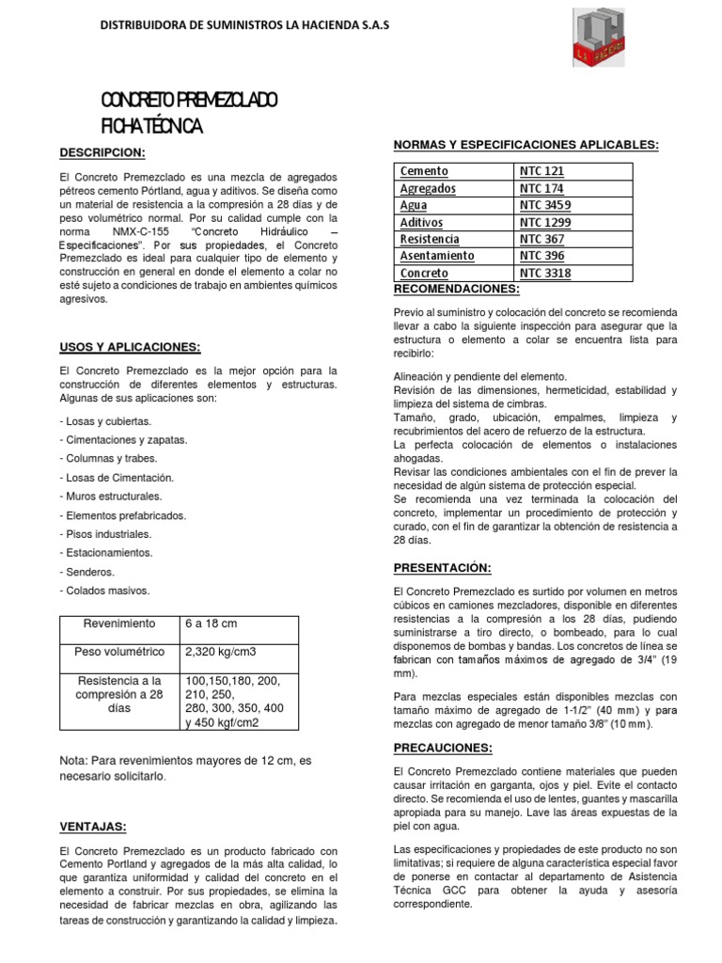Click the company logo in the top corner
coord(602,37)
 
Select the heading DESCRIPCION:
coord(102,151)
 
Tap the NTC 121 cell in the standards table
coord(542,171)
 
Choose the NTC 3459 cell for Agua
coord(545,205)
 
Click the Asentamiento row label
coord(437,256)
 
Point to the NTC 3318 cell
coord(545,273)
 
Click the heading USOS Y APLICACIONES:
coord(131,346)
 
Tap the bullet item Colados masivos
coord(104,591)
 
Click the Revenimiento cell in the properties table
coord(118,624)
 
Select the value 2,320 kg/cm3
coord(222,652)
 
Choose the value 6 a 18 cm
coord(212,624)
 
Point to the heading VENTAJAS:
coord(93,826)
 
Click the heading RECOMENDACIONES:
coord(456,288)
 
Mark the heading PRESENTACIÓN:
coord(442,567)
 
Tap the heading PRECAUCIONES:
coord(443,747)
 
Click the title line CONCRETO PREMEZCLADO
coord(189,102)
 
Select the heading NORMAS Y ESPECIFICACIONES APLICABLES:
coord(525,144)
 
